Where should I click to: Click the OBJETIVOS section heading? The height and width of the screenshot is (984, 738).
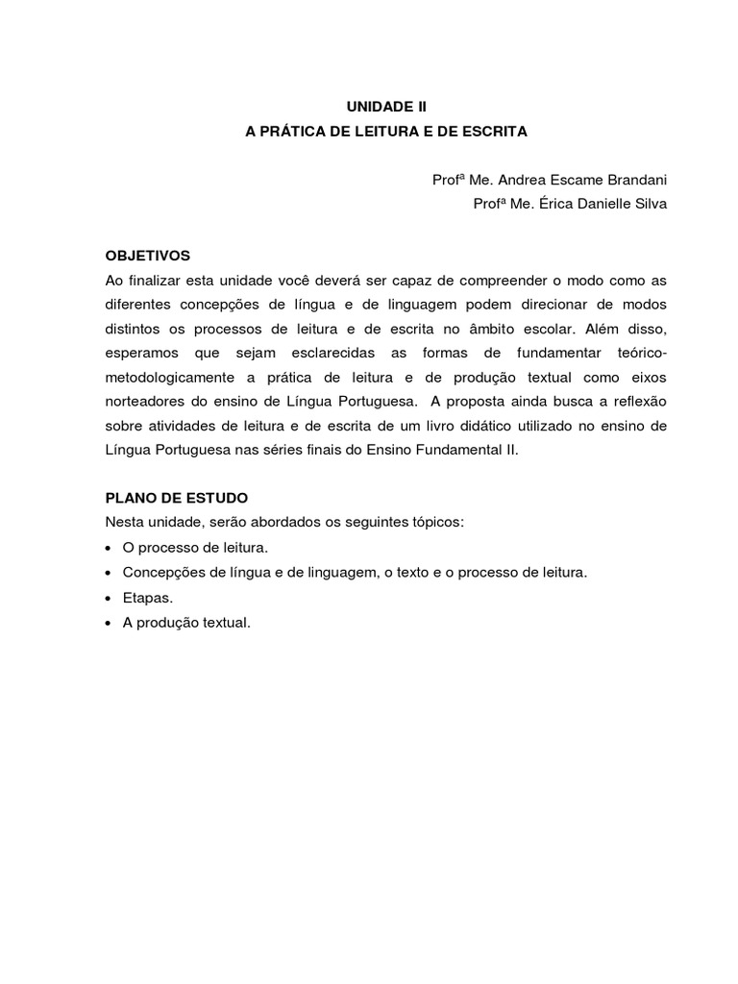[148, 256]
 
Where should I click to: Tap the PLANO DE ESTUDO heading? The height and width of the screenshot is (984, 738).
[176, 498]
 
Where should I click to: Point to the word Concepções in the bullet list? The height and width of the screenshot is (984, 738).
[160, 572]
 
